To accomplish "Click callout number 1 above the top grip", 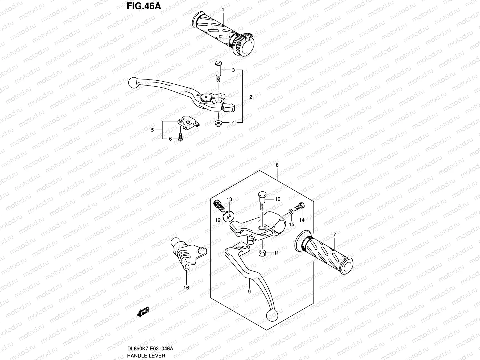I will (x=223, y=10).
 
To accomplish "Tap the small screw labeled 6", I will (x=181, y=137).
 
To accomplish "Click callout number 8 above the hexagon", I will (x=277, y=165).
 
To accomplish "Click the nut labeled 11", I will (x=262, y=253).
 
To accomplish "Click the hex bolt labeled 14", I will (x=299, y=207).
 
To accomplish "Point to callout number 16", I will (x=186, y=287).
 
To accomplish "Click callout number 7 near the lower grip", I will (x=334, y=234).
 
